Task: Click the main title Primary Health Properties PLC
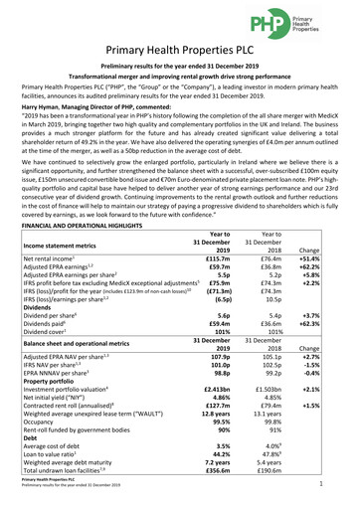pyautogui.click(x=180, y=55)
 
